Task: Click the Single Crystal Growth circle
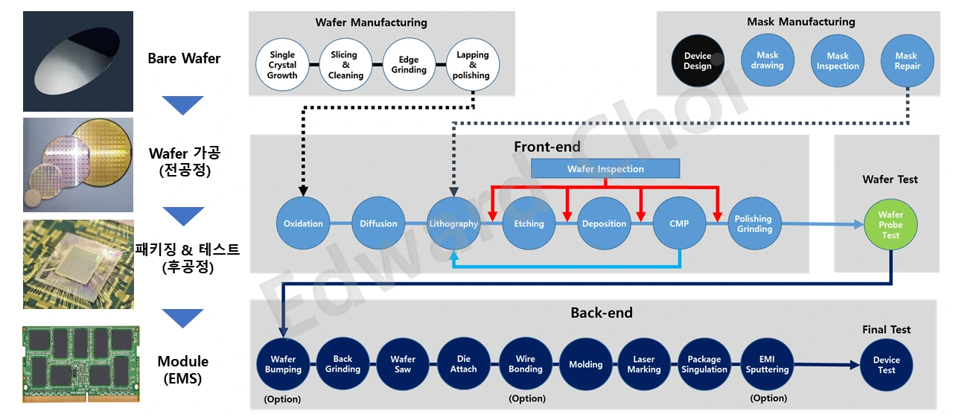pyautogui.click(x=282, y=65)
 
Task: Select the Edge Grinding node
pyautogui.click(x=409, y=65)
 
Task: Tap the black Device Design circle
pyautogui.click(x=698, y=61)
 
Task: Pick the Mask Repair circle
pyautogui.click(x=906, y=61)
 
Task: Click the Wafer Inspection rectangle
pyautogui.click(x=605, y=169)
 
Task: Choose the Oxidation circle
pyautogui.click(x=303, y=223)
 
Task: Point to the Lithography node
pyautogui.click(x=453, y=223)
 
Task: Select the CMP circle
pyautogui.click(x=679, y=223)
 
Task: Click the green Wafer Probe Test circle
pyautogui.click(x=890, y=225)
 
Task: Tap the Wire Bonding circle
pyautogui.click(x=526, y=364)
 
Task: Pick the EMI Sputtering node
pyautogui.click(x=767, y=364)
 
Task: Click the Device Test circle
pyautogui.click(x=886, y=365)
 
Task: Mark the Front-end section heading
pyautogui.click(x=547, y=147)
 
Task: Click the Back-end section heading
pyautogui.click(x=602, y=313)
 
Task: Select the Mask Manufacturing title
pyautogui.click(x=801, y=22)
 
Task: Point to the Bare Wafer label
pyautogui.click(x=184, y=58)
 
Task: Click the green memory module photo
pyautogui.click(x=81, y=364)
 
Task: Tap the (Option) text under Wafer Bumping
pyautogui.click(x=283, y=399)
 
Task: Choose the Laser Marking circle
pyautogui.click(x=644, y=364)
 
